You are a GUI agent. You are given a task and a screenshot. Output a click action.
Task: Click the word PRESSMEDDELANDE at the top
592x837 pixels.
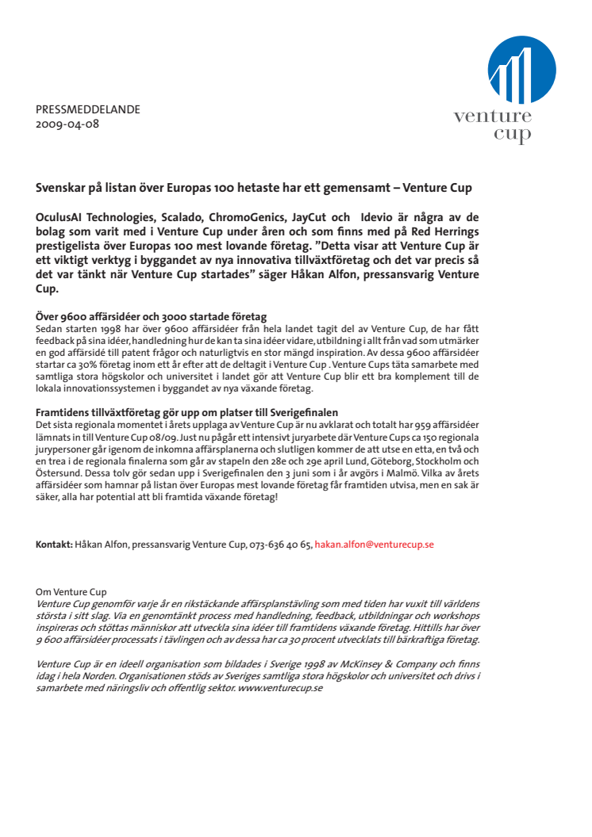87,110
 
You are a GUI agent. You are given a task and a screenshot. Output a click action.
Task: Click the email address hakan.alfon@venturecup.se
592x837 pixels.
374,545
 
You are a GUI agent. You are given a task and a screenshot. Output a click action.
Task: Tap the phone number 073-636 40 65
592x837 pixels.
281,545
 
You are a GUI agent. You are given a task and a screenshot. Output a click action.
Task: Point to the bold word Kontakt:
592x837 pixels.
54,545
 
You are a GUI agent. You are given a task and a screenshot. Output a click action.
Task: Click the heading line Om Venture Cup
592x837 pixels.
71,591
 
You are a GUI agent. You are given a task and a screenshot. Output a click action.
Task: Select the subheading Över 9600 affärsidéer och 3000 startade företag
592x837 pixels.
151,317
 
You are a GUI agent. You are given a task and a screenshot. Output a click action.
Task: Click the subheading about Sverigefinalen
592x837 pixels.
187,412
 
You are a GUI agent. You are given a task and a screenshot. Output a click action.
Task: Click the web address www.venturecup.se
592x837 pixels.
280,688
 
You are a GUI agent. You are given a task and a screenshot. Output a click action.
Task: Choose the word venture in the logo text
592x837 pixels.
493,117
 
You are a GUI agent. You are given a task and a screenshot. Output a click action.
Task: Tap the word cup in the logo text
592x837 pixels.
513,135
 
